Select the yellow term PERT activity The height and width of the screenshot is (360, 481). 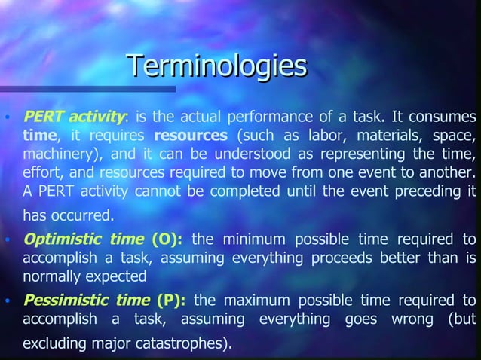(74, 117)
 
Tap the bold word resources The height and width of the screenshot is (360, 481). (191, 137)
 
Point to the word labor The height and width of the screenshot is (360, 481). (320, 137)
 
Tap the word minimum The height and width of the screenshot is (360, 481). (255, 240)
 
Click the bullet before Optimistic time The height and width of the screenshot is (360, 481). (8, 241)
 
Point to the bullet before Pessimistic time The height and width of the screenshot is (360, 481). (8, 300)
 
